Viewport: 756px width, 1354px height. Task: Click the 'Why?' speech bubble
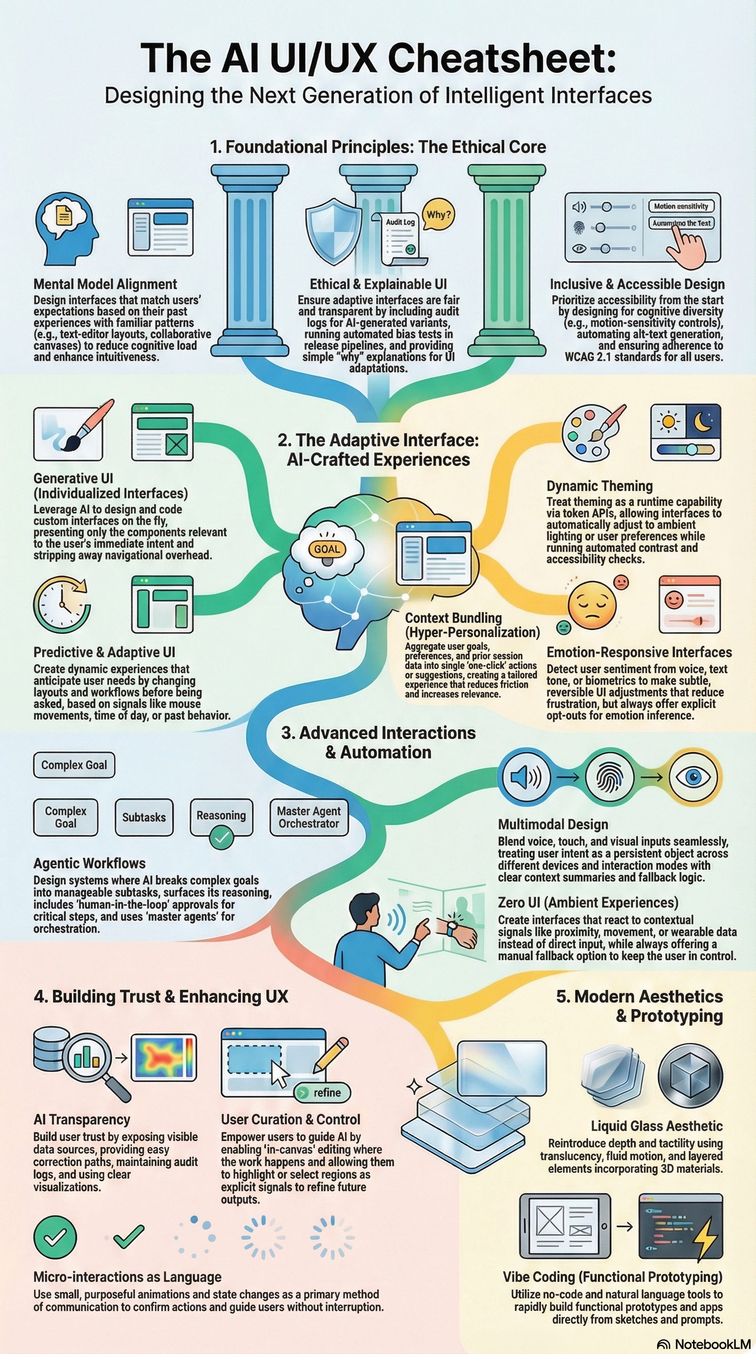click(439, 215)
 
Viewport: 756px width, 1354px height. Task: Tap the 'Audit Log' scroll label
click(400, 222)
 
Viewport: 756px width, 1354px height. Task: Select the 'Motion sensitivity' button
click(681, 206)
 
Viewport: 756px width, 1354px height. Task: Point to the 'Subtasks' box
click(144, 817)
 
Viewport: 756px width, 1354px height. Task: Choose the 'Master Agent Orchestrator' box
click(309, 817)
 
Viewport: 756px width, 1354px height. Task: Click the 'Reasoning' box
click(221, 815)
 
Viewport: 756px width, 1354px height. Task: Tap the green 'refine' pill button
click(322, 1092)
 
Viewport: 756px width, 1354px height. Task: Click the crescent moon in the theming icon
click(703, 422)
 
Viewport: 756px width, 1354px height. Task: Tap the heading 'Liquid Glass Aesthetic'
click(656, 1126)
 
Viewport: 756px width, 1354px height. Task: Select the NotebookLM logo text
click(712, 1344)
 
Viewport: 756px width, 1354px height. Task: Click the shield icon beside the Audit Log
click(333, 231)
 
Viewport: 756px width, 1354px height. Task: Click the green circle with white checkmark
click(55, 1237)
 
